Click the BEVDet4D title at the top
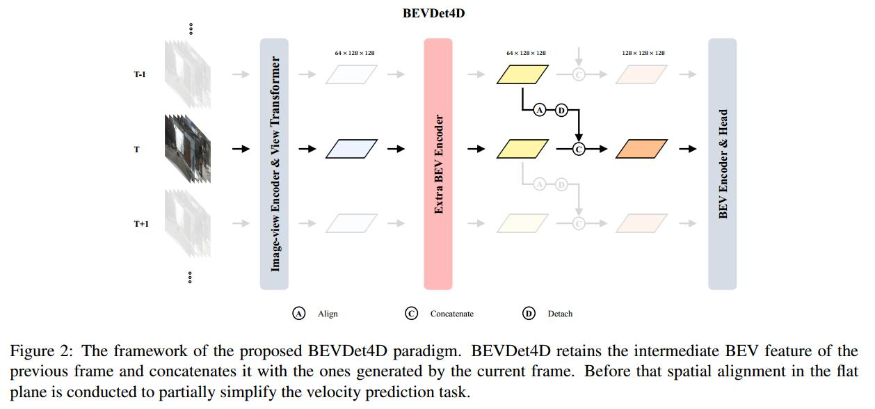click(x=433, y=12)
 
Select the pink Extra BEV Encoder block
click(x=438, y=164)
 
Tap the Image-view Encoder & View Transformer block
click(x=274, y=164)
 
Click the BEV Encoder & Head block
click(x=722, y=164)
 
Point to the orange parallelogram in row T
click(x=641, y=148)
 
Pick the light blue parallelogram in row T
click(x=352, y=148)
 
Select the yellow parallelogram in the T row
click(x=523, y=148)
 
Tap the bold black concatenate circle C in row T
click(x=577, y=148)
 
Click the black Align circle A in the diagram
click(x=538, y=109)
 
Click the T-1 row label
click(x=140, y=74)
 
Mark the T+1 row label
click(x=141, y=224)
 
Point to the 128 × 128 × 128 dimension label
click(x=643, y=53)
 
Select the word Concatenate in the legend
click(x=451, y=314)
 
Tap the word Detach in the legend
click(x=560, y=314)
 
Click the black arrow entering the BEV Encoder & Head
click(x=688, y=148)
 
